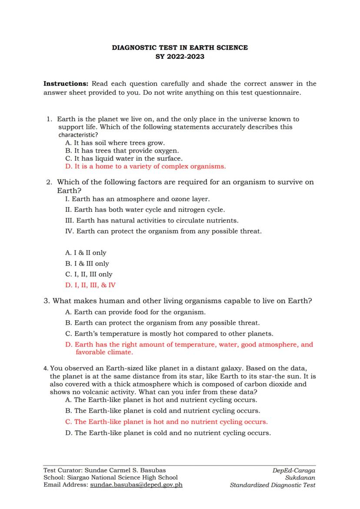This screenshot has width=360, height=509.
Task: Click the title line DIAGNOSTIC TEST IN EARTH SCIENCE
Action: coord(180,48)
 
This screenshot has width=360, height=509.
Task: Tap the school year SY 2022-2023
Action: coord(180,57)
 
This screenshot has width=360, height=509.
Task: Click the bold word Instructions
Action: coord(66,83)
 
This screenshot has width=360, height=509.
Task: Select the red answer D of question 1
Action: coord(145,166)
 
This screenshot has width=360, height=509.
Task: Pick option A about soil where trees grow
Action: coord(115,143)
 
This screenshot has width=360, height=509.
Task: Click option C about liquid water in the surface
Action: coord(123,159)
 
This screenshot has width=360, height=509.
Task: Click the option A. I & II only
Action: coord(86,253)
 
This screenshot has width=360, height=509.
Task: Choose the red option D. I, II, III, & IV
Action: coord(90,285)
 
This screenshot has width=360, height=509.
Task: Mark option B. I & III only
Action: coord(87,263)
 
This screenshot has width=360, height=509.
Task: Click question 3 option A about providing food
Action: coord(135,312)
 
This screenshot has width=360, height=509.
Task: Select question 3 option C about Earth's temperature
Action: coord(169,334)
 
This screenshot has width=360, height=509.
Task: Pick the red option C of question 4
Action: coord(166,422)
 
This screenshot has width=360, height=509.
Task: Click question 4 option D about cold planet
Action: coord(168,433)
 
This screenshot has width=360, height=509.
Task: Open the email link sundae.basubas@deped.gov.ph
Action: coord(136,485)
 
